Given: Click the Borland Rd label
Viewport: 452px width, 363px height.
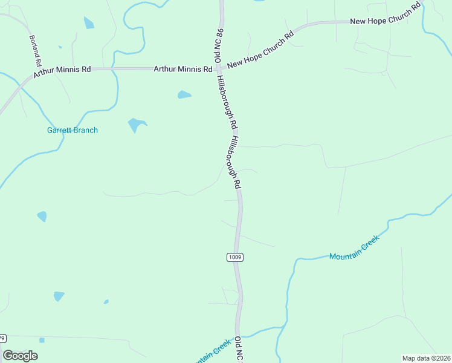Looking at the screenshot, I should pyautogui.click(x=35, y=50).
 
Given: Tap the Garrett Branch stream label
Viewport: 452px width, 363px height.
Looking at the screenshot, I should pyautogui.click(x=73, y=130).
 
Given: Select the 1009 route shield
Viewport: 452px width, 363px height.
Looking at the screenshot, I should pyautogui.click(x=235, y=257).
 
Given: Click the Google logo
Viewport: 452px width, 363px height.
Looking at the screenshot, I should pyautogui.click(x=21, y=356).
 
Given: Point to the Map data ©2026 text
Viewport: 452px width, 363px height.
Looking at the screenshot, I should pyautogui.click(x=426, y=358).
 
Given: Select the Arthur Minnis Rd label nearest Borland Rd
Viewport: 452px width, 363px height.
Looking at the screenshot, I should pyautogui.click(x=62, y=70).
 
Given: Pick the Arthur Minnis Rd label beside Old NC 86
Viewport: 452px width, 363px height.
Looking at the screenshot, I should pyautogui.click(x=182, y=70).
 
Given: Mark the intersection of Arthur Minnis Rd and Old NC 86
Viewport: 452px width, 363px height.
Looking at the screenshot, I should pyautogui.click(x=221, y=68).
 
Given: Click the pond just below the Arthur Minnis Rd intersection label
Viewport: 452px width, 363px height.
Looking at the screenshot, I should pyautogui.click(x=184, y=95).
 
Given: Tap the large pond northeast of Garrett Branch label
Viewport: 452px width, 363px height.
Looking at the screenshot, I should pyautogui.click(x=137, y=125).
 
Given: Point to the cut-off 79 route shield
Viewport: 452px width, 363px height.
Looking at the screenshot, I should pyautogui.click(x=3, y=338).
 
